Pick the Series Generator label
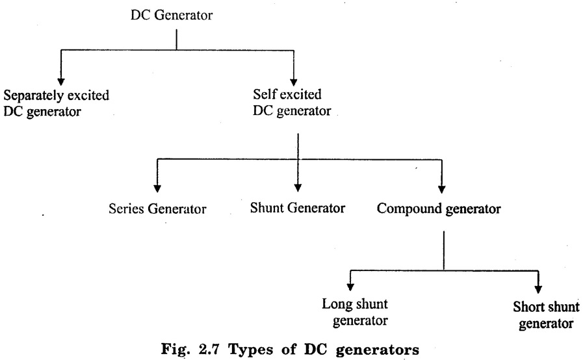[157, 209]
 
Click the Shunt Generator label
[297, 209]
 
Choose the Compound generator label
[439, 209]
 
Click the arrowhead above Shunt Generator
[297, 186]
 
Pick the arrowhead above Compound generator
[443, 186]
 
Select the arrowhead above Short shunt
[539, 287]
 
